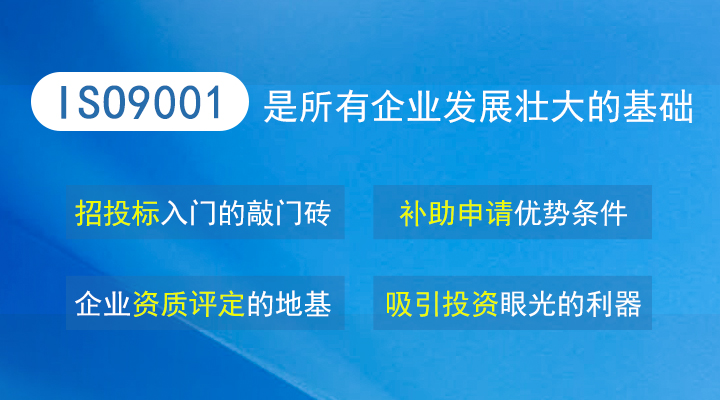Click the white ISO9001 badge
tap(140, 101)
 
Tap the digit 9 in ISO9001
tap(134, 102)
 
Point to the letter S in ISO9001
tap(88, 102)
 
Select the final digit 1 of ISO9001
tap(213, 102)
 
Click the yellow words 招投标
tap(117, 213)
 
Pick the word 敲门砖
tap(288, 213)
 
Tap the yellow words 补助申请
tap(456, 213)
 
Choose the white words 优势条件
tap(570, 213)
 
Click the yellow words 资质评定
tap(188, 304)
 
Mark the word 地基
tap(303, 304)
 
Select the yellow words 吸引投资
tap(442, 304)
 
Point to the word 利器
tap(613, 304)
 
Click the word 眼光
tap(528, 304)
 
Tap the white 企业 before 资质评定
tap(103, 304)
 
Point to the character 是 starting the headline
tap(280, 107)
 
